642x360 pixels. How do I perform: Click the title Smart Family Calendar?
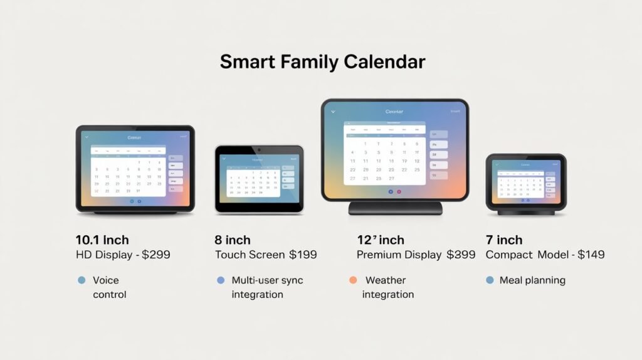pos(322,62)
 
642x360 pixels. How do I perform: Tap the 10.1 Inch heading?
pos(102,240)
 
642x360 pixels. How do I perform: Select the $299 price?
pos(154,255)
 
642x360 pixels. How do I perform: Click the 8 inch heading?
pos(233,240)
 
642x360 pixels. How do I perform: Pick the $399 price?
pos(461,255)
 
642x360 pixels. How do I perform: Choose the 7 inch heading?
pos(504,240)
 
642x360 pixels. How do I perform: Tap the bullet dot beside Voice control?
pos(81,280)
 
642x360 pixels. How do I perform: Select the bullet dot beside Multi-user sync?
pos(220,280)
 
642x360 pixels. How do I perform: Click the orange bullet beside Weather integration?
pos(353,280)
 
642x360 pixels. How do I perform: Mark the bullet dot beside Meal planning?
pos(490,280)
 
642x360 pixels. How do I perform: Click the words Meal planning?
pos(532,280)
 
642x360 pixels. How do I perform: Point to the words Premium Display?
pos(398,255)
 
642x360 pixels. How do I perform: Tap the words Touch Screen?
pos(249,255)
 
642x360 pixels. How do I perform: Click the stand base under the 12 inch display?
pos(395,208)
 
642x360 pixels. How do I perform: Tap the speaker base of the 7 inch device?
pos(525,212)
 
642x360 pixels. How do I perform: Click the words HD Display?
pos(103,255)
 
